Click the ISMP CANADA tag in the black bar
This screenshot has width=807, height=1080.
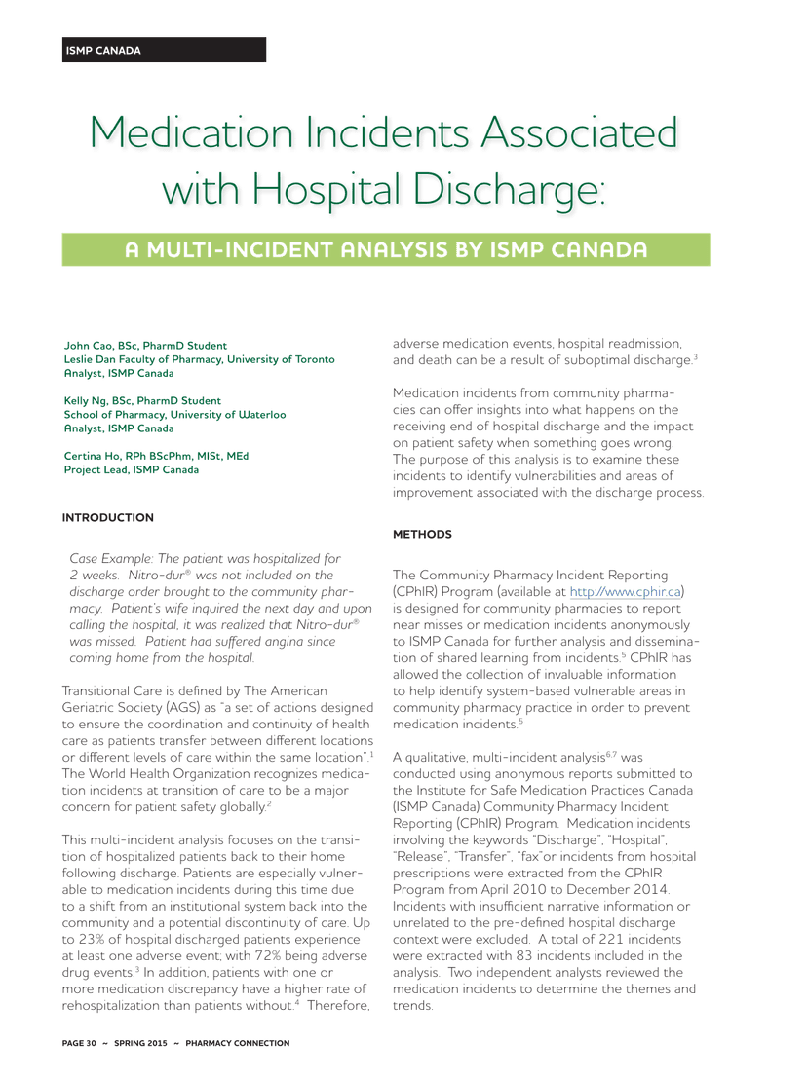pos(102,51)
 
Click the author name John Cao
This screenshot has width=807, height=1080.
pos(88,346)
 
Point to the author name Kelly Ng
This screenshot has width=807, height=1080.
pos(87,401)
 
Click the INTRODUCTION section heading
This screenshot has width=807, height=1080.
pos(108,517)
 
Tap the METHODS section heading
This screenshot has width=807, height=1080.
pos(422,535)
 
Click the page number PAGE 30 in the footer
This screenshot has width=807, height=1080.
pos(79,1043)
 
